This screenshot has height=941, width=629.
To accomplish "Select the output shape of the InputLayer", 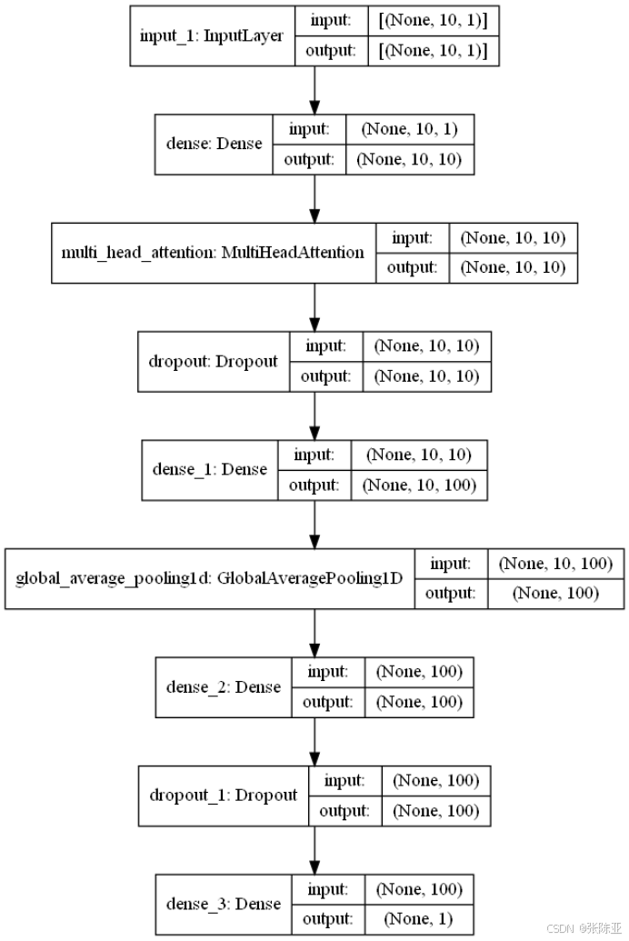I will tap(433, 51).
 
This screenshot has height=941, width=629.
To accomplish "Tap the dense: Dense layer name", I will tap(214, 144).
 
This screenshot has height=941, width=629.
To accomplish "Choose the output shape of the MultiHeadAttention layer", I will tap(514, 267).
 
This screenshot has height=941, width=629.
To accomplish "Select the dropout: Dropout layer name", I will tap(213, 361).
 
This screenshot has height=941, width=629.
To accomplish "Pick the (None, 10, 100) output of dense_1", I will tap(418, 485).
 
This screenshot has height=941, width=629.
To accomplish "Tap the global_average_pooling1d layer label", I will tap(209, 578).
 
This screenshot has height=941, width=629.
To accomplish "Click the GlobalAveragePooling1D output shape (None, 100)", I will tap(555, 594).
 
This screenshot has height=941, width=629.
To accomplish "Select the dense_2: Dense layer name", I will tap(223, 686).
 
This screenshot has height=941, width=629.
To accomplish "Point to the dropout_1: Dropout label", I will tap(224, 795).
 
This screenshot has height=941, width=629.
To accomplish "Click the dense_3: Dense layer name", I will tap(223, 904).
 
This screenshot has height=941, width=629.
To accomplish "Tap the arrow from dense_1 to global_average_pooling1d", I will tap(314, 524).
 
